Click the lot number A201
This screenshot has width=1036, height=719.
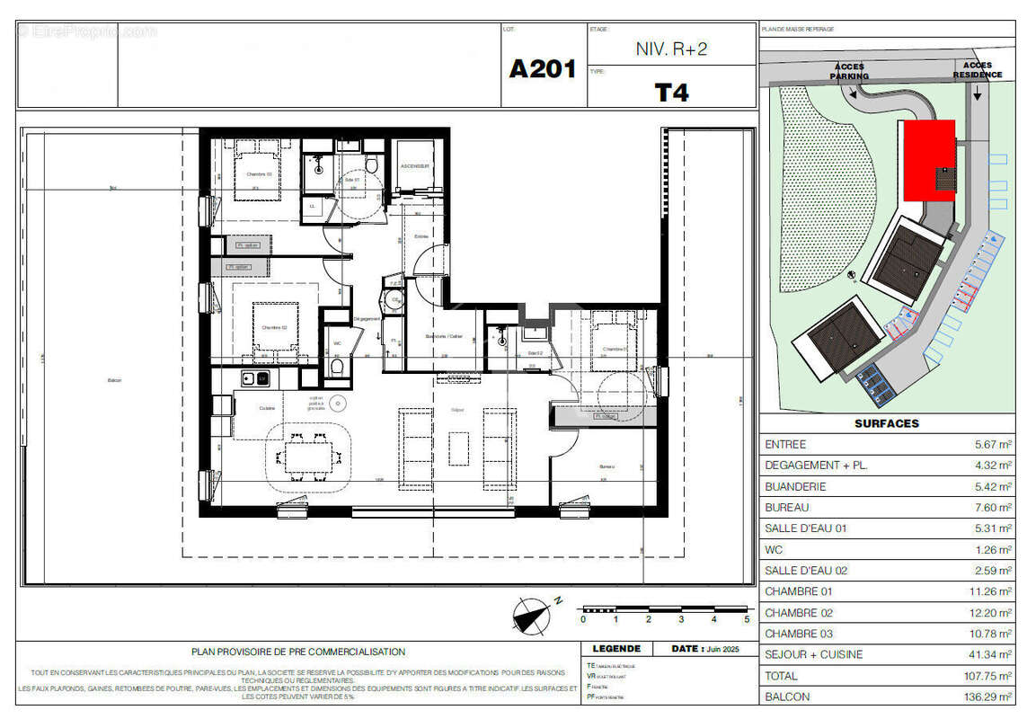click(542, 69)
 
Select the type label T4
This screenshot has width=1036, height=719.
click(671, 92)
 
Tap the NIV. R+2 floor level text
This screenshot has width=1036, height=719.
click(671, 49)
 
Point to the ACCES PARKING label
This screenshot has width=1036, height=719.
click(850, 71)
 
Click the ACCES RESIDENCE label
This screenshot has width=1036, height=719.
click(977, 70)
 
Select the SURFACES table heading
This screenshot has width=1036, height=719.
click(887, 423)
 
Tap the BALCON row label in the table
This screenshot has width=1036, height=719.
click(786, 697)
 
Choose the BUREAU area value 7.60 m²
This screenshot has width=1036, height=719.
click(994, 508)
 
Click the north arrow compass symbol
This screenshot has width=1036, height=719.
click(531, 617)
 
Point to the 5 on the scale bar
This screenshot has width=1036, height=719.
click(747, 619)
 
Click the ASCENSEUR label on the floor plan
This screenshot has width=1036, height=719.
click(415, 167)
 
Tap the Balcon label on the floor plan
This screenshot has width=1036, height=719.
click(114, 381)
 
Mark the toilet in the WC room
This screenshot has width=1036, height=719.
click(337, 367)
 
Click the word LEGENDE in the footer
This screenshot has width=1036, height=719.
click(616, 649)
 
